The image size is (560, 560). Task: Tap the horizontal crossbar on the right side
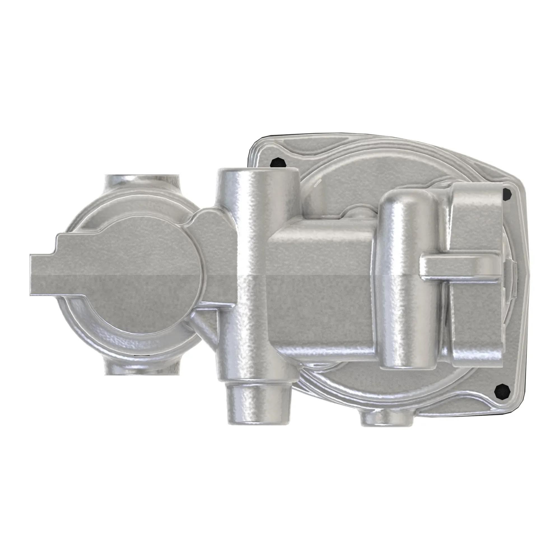[x=461, y=264]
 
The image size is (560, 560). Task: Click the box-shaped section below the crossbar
[x=475, y=319]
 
